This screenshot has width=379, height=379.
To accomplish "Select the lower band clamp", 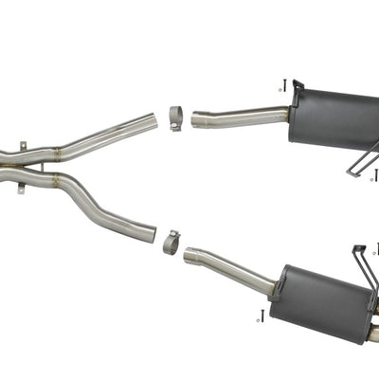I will tap(171, 242).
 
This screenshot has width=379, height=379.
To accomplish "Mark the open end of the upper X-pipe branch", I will tap(153, 123).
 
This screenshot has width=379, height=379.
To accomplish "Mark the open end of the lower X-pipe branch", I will tap(152, 231).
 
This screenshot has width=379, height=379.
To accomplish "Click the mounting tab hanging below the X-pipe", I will tap(21, 189).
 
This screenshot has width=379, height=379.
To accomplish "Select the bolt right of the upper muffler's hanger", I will tap(375, 175).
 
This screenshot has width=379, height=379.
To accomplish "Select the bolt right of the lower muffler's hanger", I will tap(376, 248).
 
